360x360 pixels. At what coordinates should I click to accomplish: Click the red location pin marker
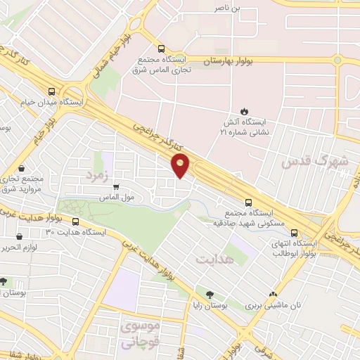[181, 165]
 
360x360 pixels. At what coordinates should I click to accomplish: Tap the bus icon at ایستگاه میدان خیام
[51, 91]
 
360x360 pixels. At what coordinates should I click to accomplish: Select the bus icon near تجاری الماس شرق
[162, 49]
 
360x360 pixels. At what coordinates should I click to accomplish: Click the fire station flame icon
[244, 111]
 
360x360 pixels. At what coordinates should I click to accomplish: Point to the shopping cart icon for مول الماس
[115, 187]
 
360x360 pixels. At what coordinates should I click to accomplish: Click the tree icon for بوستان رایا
[209, 295]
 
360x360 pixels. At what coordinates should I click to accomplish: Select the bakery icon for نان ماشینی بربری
[273, 295]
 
